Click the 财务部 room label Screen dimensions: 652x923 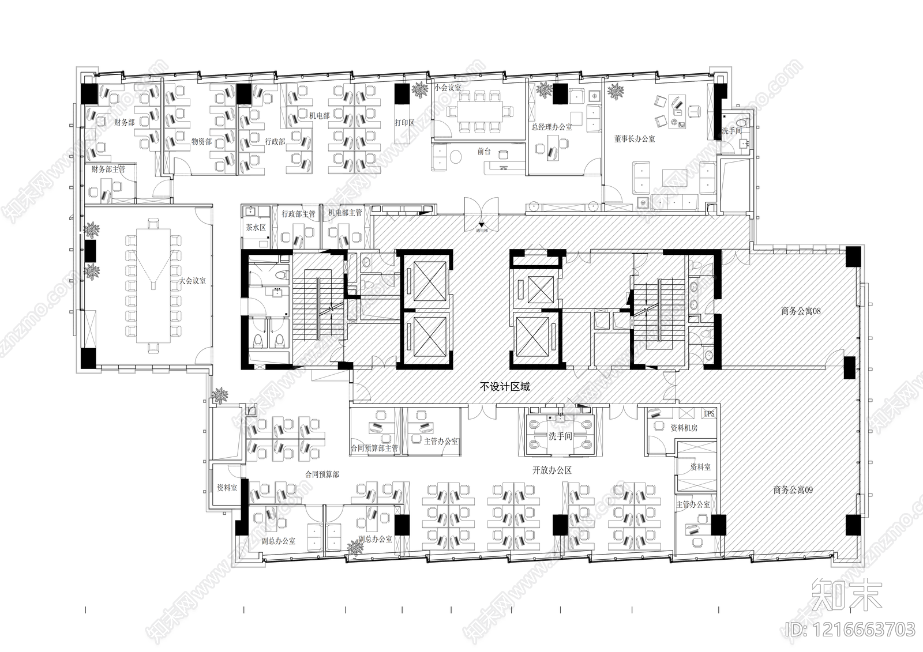click(124, 122)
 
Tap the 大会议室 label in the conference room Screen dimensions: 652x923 click(192, 281)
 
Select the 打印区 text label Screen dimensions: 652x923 click(404, 123)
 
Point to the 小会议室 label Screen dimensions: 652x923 click(448, 88)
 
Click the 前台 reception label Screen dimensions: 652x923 click(483, 152)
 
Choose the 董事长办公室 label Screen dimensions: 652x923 click(635, 139)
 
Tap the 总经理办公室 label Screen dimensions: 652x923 click(551, 127)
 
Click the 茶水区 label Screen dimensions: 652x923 click(256, 228)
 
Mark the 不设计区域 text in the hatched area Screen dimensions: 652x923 click(505, 387)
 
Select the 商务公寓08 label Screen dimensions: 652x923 click(801, 311)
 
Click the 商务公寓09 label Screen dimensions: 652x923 click(793, 490)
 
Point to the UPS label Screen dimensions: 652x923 click(708, 414)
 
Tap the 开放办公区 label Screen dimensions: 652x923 click(551, 470)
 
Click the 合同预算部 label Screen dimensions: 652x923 click(322, 474)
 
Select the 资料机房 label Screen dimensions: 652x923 click(684, 428)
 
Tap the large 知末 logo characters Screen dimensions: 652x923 click(847, 594)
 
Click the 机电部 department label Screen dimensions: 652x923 click(319, 116)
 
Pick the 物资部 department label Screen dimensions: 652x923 click(201, 141)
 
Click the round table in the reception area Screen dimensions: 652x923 click(456, 156)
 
